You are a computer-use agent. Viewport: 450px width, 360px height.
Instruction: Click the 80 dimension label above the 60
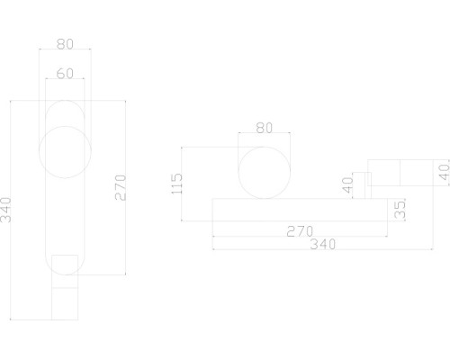point(66,41)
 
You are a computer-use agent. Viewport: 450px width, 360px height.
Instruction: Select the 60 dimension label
point(66,74)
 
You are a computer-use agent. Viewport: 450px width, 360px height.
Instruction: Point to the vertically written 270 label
point(121,186)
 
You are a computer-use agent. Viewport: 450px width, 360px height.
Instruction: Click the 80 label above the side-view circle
point(264,128)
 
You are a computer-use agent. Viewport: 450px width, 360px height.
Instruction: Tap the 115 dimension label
point(176,184)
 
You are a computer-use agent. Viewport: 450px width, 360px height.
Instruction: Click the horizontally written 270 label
point(299,230)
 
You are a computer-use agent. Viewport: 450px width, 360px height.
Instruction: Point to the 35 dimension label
point(400,211)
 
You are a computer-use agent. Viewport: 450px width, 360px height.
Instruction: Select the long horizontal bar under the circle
point(297,210)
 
